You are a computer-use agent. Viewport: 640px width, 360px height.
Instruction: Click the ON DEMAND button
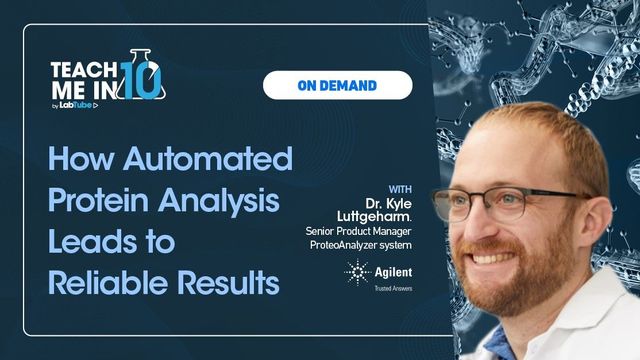[x=337, y=85]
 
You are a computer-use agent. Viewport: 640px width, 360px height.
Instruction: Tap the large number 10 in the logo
[x=143, y=79]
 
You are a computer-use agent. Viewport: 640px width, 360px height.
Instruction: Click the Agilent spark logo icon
[x=355, y=270]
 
